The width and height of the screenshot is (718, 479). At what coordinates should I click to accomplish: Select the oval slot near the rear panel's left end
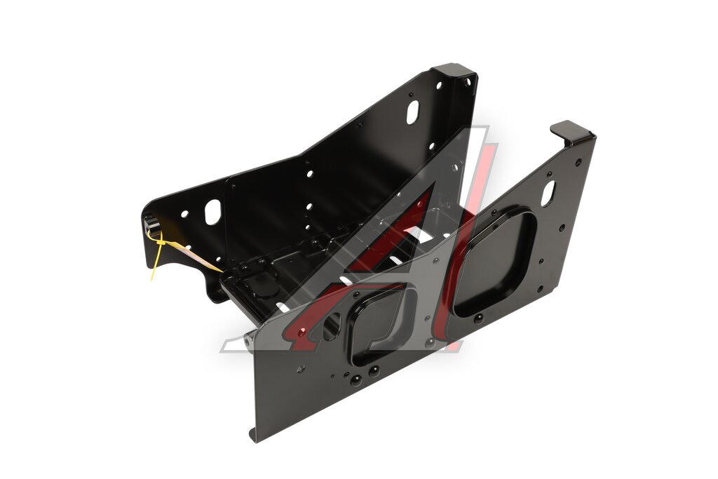(x=212, y=212)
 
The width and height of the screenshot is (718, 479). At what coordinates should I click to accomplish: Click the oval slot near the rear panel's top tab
(x=412, y=112)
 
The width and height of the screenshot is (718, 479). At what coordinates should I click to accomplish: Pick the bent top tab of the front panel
(x=571, y=133)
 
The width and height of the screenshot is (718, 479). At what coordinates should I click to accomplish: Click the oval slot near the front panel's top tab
(x=548, y=194)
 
